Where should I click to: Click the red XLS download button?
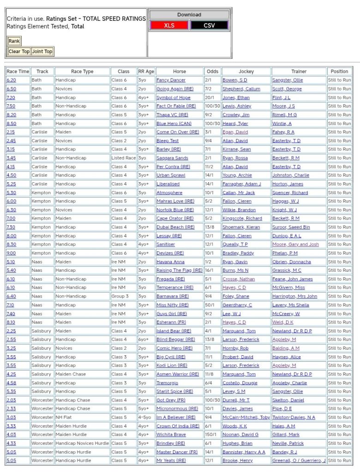click(169, 25)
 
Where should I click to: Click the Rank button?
click(14, 41)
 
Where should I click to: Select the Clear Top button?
click(19, 51)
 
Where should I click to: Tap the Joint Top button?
click(42, 51)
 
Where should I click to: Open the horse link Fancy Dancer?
click(171, 80)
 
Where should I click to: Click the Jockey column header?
click(246, 72)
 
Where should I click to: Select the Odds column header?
click(212, 72)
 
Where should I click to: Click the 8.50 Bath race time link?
click(11, 124)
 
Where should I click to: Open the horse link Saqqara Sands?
click(172, 158)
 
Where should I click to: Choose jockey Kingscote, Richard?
click(242, 219)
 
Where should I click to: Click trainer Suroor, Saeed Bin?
click(291, 227)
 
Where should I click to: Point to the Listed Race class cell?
click(124, 158)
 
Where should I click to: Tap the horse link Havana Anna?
click(170, 262)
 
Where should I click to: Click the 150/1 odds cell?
click(212, 435)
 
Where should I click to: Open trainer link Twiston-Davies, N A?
click(294, 418)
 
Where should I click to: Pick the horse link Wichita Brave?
click(171, 435)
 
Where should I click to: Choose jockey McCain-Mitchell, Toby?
click(246, 418)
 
